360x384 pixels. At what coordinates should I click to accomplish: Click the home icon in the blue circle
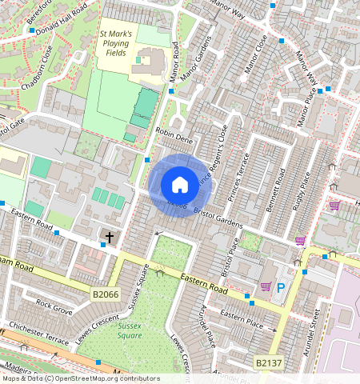180,185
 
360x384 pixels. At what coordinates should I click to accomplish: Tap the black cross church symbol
109,238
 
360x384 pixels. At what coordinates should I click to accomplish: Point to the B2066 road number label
106,294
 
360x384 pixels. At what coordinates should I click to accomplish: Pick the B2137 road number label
269,363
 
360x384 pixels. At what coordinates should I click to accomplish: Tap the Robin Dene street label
175,137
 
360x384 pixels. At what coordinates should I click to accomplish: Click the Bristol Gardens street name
217,215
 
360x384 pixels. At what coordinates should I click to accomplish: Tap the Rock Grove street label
54,307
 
